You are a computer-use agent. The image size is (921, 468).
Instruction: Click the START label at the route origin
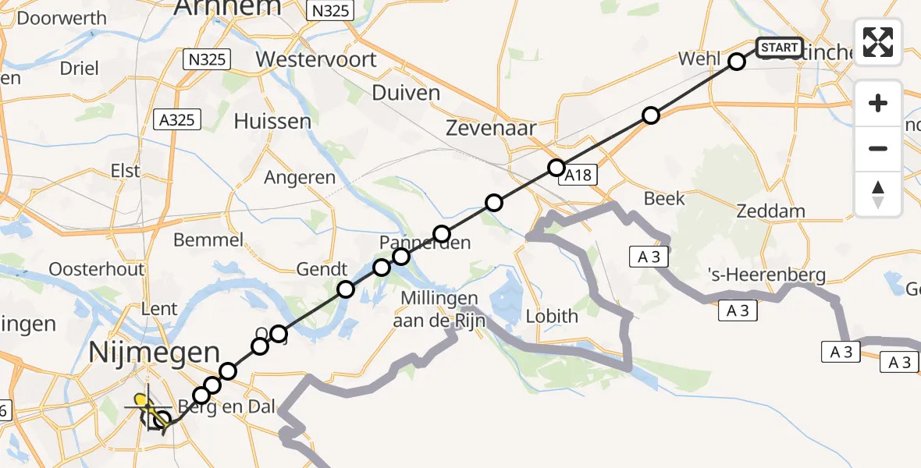pos(779,48)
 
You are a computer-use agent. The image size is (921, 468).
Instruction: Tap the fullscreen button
pos(878,42)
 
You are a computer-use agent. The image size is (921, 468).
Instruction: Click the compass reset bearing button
pos(878,195)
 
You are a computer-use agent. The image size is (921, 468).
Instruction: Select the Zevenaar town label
pos(490,129)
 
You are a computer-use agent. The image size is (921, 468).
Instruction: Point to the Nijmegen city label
pos(155,353)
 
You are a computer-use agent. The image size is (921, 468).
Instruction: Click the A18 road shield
pos(578,175)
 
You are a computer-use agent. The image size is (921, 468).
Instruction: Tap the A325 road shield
pos(177,119)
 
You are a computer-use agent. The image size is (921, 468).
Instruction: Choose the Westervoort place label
pos(316,59)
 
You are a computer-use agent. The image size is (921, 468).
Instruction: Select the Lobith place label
pos(552,316)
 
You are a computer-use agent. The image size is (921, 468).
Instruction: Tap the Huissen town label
pos(272,122)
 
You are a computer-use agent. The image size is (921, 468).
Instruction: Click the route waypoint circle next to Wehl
pos(737,62)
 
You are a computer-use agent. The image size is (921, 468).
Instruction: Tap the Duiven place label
pos(406,93)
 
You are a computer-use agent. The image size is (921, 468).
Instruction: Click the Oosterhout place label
pos(97,269)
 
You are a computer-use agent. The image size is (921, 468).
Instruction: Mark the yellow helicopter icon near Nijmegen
pos(144,403)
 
